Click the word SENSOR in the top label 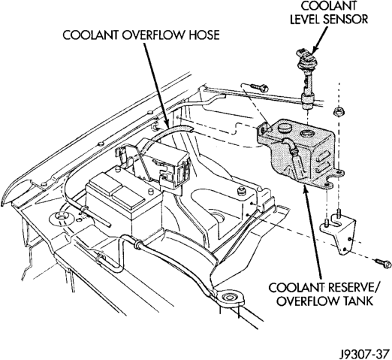click(345, 20)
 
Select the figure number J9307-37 click(364, 353)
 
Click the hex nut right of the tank click(339, 111)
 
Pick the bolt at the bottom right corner click(383, 262)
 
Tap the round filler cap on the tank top click(283, 129)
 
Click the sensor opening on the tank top click(307, 133)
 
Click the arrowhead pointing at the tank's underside click(305, 190)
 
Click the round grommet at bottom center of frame click(228, 298)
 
